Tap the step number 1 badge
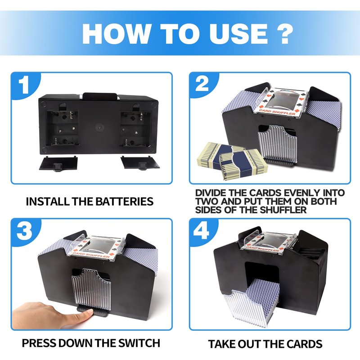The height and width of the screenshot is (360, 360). tap(25, 85)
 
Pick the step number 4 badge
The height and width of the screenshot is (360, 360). tap(202, 231)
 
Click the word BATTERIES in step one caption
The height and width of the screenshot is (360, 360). tap(124, 201)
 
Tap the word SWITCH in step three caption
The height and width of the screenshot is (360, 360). tap(139, 343)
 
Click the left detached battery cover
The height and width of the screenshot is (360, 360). tap(58, 163)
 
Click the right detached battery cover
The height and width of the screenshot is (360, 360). tap(140, 163)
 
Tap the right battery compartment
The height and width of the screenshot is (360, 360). tap(136, 129)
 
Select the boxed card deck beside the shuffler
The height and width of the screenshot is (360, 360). tap(232, 161)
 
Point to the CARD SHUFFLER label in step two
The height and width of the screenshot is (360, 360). tap(277, 112)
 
